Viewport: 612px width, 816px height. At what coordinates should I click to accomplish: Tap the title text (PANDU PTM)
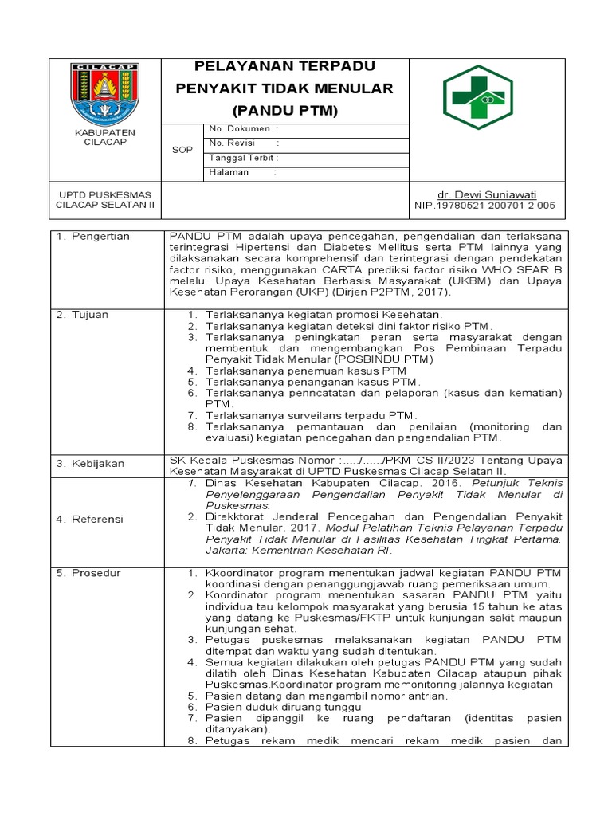pos(284,111)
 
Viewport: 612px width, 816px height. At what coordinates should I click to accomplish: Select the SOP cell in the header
pos(182,151)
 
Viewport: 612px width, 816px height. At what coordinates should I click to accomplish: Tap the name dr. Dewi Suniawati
pos(487,194)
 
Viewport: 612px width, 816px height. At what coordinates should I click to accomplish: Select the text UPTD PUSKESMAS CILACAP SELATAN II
pos(105,199)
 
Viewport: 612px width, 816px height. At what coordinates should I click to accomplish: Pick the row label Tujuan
pos(83,315)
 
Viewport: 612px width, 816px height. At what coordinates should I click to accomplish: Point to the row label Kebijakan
pos(89,463)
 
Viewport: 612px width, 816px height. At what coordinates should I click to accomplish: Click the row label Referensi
pos(90,519)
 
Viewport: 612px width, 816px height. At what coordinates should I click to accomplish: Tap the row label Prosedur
pos(88,573)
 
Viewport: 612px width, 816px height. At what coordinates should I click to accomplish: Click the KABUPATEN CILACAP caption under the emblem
pos(105,136)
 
